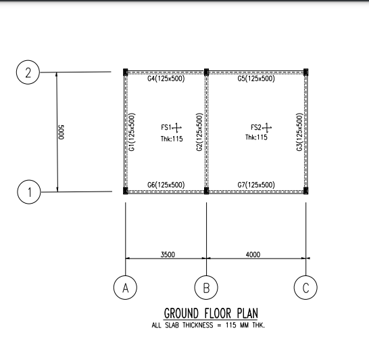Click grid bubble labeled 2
[x=28, y=73]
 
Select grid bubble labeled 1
[x=28, y=193]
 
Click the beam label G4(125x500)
[x=166, y=79]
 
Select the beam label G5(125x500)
[x=256, y=79]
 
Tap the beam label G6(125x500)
[x=166, y=185]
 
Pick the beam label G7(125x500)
[x=256, y=185]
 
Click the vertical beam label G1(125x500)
[x=133, y=132]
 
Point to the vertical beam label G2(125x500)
[x=199, y=132]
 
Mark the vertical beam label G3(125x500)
[x=299, y=132]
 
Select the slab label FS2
[x=256, y=127]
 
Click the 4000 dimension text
[x=253, y=254]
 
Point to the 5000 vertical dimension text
[x=62, y=132]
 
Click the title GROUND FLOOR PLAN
[x=210, y=314]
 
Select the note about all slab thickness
[x=208, y=325]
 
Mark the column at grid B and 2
[x=206, y=71]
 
